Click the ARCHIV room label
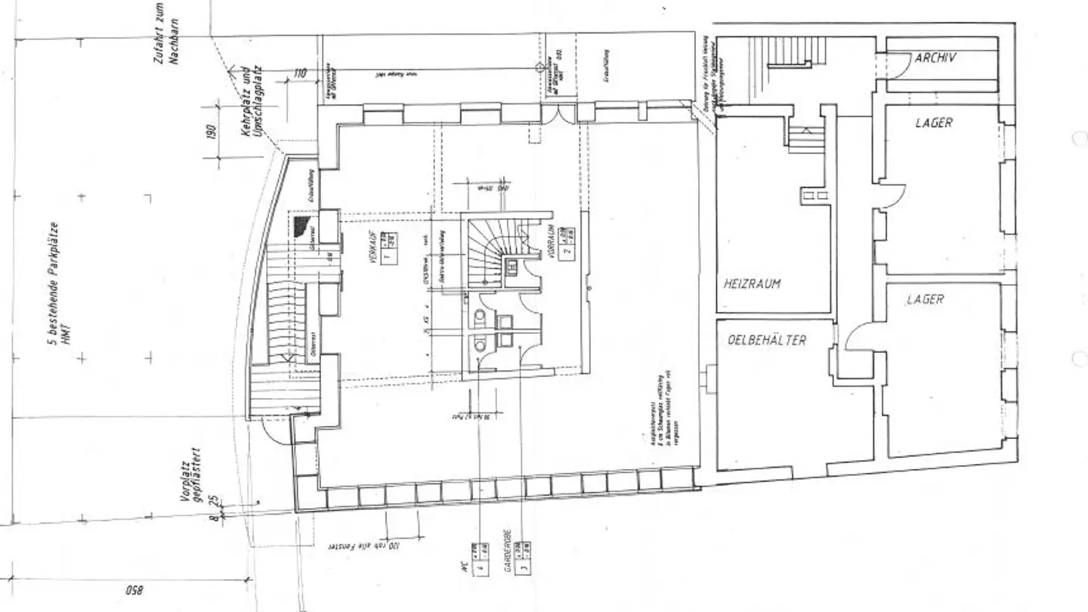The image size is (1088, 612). tap(935, 57)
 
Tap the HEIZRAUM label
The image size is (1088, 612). tap(752, 284)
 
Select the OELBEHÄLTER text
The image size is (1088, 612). tap(766, 341)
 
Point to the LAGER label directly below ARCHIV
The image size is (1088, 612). tap(934, 122)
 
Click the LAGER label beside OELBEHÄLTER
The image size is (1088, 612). tap(925, 300)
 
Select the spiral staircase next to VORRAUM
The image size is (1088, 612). tap(487, 253)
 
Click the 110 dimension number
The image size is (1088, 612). tap(300, 74)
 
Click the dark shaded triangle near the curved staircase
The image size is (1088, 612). tap(304, 225)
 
